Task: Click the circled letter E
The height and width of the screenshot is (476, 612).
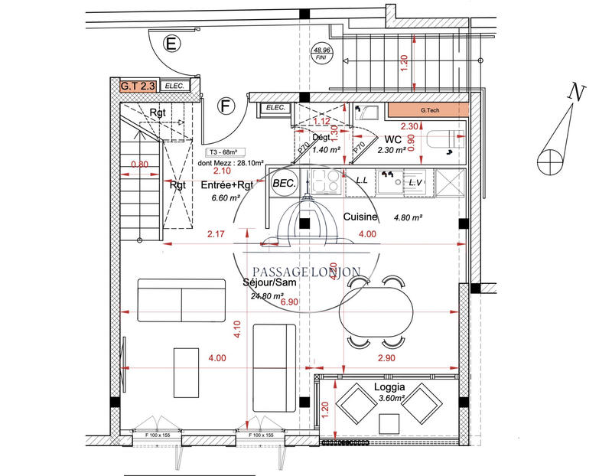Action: (171, 44)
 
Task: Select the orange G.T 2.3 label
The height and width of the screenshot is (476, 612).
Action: (138, 86)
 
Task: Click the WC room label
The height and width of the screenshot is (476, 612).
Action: (393, 140)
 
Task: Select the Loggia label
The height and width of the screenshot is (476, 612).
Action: (389, 387)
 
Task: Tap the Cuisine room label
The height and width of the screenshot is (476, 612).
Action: (361, 217)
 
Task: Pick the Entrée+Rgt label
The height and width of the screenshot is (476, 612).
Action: (226, 185)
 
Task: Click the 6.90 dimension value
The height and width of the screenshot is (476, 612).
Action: (289, 303)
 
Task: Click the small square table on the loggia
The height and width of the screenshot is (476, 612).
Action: (389, 422)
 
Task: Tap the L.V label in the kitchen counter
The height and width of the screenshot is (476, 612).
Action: (416, 183)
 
